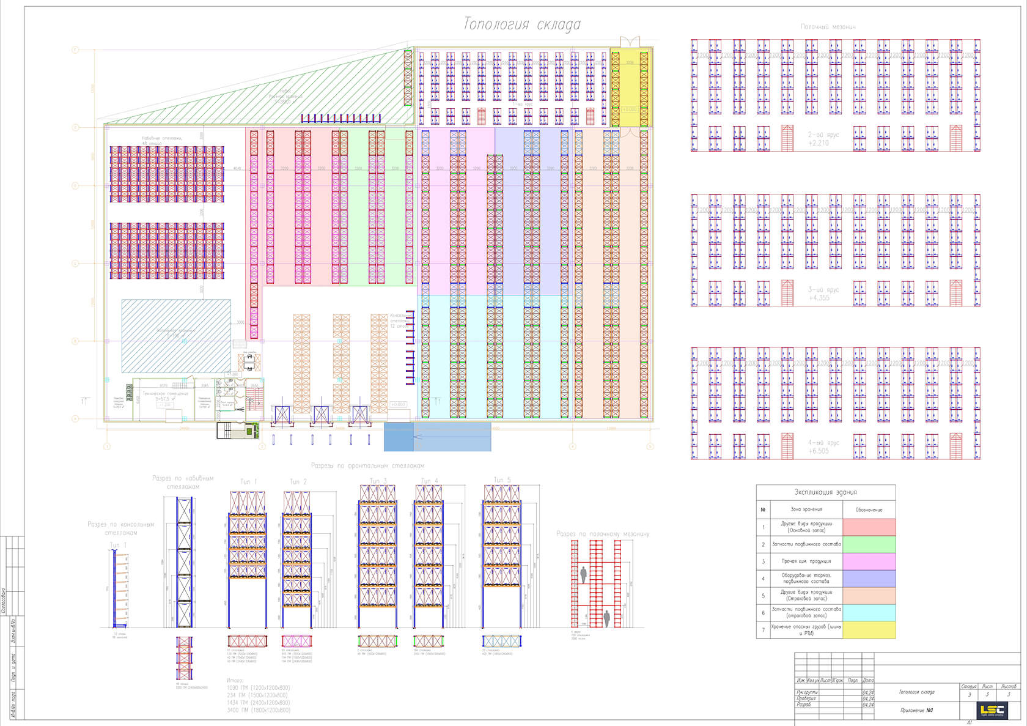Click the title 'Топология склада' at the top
[x=521, y=24]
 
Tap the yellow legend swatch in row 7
[x=869, y=630]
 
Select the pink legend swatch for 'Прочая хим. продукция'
[x=869, y=561]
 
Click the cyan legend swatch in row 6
[x=869, y=613]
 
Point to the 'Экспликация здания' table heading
[x=825, y=492]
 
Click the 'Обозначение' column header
[x=869, y=509]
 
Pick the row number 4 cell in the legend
[x=763, y=579]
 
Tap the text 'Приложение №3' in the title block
[x=916, y=711]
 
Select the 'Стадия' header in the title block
[x=969, y=687]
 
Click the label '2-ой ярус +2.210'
[x=823, y=139]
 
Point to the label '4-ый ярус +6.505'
[x=823, y=446]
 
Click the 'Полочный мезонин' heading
[x=828, y=27]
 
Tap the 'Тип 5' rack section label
[x=502, y=480]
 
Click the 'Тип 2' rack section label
[x=298, y=482]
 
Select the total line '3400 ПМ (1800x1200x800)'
[x=258, y=710]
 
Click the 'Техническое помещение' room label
[x=165, y=394]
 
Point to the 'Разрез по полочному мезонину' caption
[x=603, y=534]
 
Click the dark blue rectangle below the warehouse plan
[x=399, y=437]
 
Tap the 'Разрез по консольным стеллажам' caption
[x=120, y=528]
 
